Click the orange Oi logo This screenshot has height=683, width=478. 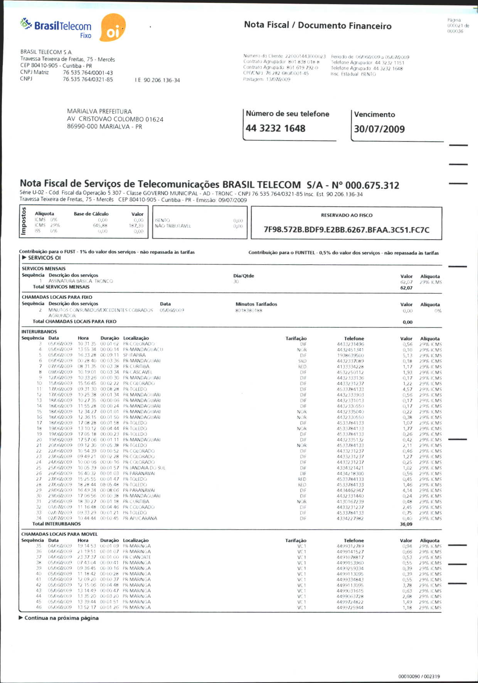coord(113,28)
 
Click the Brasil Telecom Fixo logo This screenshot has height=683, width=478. coord(57,28)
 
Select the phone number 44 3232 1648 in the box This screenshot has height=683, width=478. coord(275,128)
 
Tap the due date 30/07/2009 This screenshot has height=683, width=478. coord(379,129)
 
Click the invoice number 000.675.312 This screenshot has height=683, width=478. coord(372,185)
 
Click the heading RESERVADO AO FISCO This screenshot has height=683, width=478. coord(347,215)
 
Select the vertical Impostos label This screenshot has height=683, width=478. coord(24,221)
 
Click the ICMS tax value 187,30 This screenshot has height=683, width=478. coord(136,226)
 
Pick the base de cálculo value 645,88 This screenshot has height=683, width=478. coord(100,226)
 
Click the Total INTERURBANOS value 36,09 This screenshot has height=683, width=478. coord(406,524)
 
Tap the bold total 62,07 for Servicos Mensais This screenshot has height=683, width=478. coord(406,288)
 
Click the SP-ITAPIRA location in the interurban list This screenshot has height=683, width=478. coord(135,355)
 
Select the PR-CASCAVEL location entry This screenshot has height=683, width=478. coord(138,372)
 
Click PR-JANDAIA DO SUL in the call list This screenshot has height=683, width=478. coord(144,468)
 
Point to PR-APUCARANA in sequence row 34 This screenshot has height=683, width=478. coord(140,519)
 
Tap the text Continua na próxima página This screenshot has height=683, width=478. coord(61,618)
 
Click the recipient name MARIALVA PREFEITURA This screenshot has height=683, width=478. coord(99,111)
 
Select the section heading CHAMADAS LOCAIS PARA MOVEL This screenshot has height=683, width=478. coord(59,534)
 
